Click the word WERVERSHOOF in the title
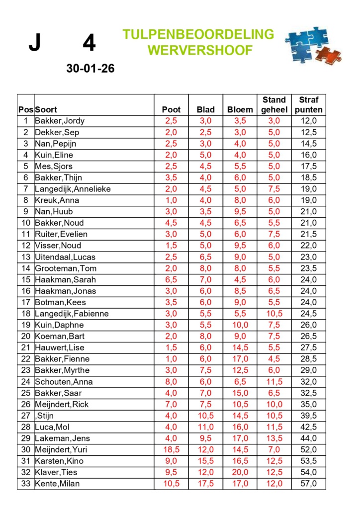tap(200, 50)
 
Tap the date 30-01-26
tap(90, 69)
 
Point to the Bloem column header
tap(240, 109)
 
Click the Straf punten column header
tap(309, 105)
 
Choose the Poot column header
tap(171, 109)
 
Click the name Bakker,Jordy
tap(60, 121)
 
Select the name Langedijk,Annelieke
tap(73, 189)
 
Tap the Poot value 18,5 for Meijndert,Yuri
tap(171, 449)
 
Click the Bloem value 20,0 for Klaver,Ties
tap(240, 472)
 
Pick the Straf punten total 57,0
tap(309, 484)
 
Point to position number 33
tap(25, 484)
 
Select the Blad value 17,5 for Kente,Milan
tap(206, 484)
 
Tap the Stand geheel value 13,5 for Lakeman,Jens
tap(274, 438)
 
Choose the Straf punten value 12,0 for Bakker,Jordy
tap(309, 121)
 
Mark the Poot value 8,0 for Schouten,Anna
tap(171, 381)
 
